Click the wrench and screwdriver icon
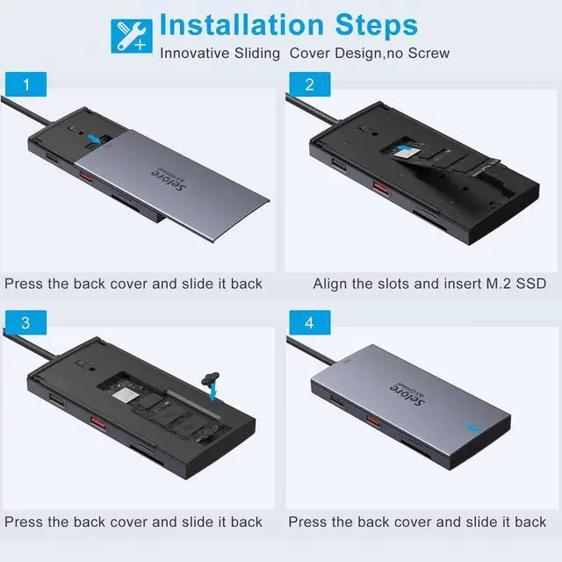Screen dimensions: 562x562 (x=132, y=36)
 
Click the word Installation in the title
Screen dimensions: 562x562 (x=242, y=25)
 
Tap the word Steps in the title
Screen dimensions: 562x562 (x=377, y=25)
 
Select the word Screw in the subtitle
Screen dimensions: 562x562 (x=429, y=53)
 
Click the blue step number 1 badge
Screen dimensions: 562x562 (x=25, y=84)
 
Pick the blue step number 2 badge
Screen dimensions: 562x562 (x=310, y=84)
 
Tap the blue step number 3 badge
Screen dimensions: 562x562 (x=25, y=322)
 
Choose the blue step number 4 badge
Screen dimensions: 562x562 (x=310, y=322)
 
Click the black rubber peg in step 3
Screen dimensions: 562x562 (x=211, y=378)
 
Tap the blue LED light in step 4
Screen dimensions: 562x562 (x=474, y=429)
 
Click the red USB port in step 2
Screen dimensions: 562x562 (x=380, y=187)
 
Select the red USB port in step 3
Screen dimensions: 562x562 (x=97, y=422)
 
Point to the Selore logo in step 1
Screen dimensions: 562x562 (x=169, y=178)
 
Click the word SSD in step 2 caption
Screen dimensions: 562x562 (x=530, y=284)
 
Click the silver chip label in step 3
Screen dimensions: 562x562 (x=125, y=395)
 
